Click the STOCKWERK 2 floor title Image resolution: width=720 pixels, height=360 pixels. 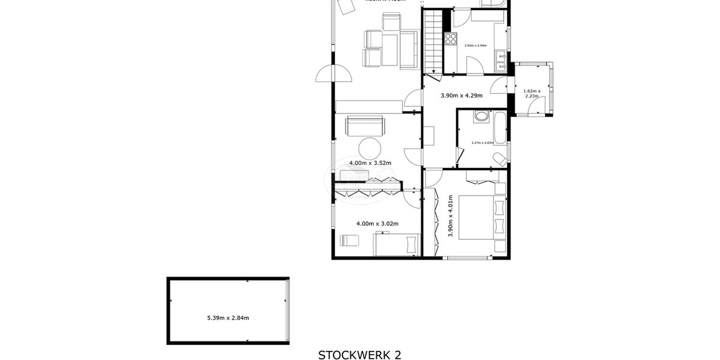click(359, 355)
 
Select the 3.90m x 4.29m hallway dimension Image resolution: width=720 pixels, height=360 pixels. click(462, 95)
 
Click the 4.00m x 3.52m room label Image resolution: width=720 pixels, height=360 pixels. click(370, 163)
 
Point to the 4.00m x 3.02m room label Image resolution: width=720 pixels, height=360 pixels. click(377, 224)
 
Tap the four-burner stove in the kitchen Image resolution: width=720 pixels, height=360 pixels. click(451, 41)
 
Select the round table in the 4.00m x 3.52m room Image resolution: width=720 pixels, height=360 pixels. click(370, 148)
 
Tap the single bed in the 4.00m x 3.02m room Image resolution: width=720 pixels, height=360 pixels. click(395, 245)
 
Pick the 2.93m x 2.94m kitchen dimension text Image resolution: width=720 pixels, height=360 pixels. click(475, 46)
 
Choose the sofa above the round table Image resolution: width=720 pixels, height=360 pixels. click(364, 127)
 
